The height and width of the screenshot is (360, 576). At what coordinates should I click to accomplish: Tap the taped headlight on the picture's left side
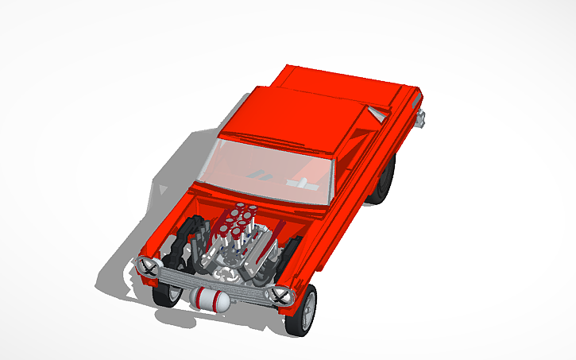[x=147, y=266]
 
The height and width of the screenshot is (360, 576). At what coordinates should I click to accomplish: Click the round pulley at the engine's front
[x=231, y=270]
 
